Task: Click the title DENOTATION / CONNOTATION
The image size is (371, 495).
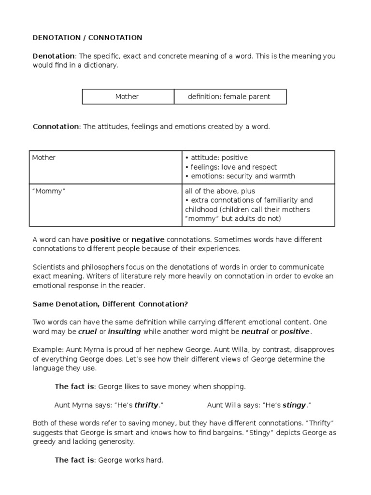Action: pos(87,37)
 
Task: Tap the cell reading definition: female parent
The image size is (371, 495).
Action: pos(229,97)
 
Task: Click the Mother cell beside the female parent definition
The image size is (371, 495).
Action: pos(127,97)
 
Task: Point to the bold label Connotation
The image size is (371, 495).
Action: pos(56,127)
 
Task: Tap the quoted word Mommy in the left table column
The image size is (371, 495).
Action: pos(48,191)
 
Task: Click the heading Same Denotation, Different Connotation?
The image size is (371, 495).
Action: pos(110,304)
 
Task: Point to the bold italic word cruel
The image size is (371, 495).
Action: pos(87,332)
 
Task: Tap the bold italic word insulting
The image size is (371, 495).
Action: pos(125,332)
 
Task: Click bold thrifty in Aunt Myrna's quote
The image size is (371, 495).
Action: pos(146,405)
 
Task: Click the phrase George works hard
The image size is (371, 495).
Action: pos(131,460)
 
